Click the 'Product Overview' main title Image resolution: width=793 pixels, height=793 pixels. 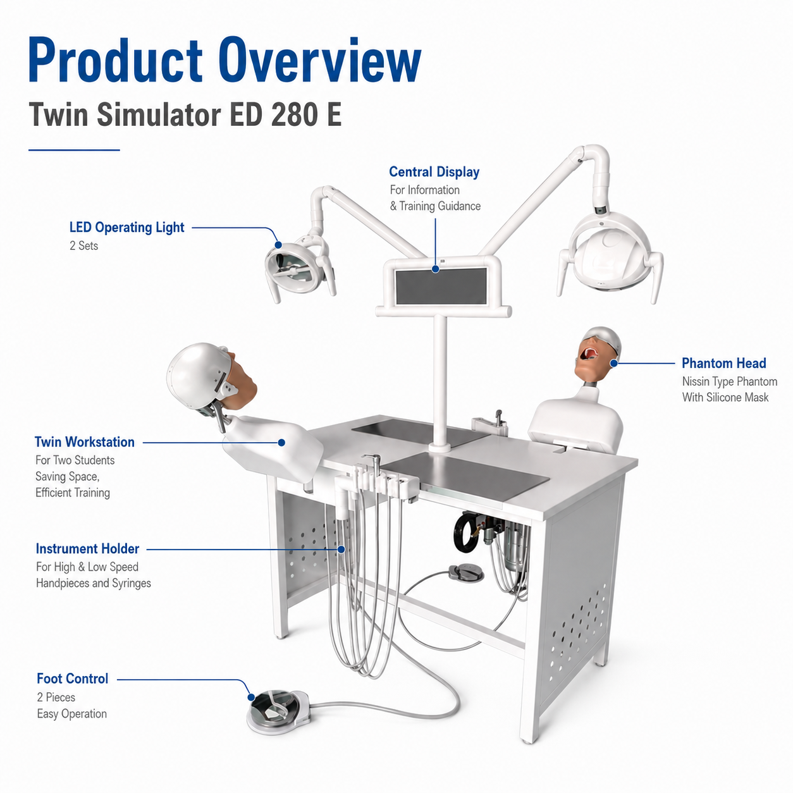[224, 59]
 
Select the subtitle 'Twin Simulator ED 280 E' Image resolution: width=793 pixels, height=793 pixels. [185, 114]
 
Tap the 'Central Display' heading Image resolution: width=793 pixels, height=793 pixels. [434, 171]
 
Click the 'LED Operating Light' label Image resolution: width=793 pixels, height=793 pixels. [126, 227]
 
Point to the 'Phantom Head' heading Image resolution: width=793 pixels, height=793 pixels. [724, 363]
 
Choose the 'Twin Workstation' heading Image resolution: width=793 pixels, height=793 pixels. [84, 441]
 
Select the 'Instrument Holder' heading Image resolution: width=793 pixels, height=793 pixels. [88, 548]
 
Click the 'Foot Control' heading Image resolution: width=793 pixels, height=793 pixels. [73, 679]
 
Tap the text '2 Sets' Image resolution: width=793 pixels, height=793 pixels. [84, 245]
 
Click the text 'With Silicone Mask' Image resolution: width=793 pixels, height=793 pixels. [725, 397]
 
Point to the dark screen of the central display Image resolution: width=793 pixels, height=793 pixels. [441, 285]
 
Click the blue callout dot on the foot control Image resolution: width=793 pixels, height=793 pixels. [251, 697]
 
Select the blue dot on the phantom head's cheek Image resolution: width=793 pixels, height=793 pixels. [614, 363]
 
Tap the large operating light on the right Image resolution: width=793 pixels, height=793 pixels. [610, 255]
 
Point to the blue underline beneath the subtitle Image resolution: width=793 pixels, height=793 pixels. [74, 150]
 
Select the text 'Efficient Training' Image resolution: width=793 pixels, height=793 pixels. [73, 492]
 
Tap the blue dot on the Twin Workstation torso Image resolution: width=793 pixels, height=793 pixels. [281, 443]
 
